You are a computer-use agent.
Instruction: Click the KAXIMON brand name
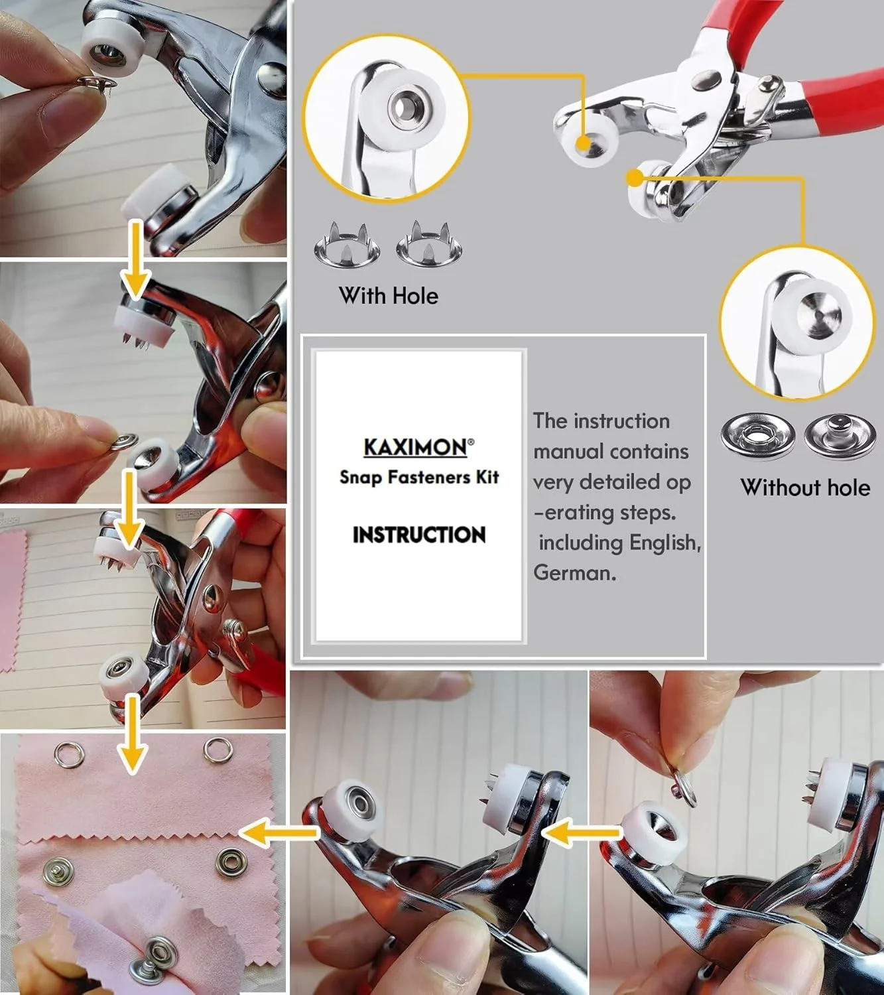[x=416, y=447]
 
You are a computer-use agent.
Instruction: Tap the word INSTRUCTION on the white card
[x=419, y=535]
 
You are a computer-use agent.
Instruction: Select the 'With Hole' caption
[x=389, y=296]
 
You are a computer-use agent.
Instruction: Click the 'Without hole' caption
[x=806, y=488]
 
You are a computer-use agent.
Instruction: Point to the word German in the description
[x=574, y=572]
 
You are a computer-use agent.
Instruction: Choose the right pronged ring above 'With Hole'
[x=429, y=244]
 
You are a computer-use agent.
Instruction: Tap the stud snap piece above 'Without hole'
[x=840, y=436]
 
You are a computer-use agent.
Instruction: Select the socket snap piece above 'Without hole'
[x=758, y=436]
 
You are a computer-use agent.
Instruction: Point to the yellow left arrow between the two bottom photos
[x=582, y=832]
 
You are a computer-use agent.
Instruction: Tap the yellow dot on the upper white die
[x=583, y=143]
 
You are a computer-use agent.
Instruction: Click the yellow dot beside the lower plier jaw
[x=635, y=178]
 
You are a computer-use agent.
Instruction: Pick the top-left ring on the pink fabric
[x=69, y=755]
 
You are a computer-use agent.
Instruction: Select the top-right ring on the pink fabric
[x=218, y=750]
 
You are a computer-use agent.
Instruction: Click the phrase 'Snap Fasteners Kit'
[x=419, y=477]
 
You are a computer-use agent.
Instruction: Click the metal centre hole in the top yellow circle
[x=405, y=105]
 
